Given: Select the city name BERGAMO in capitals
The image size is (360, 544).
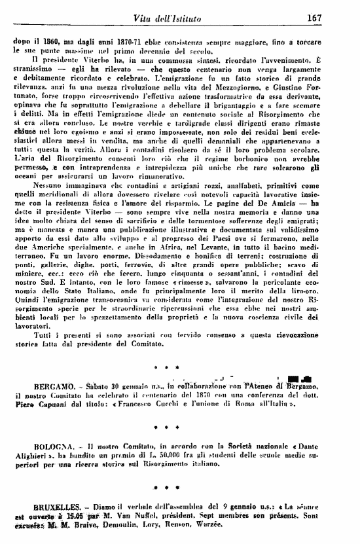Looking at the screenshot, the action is coord(30,387).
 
